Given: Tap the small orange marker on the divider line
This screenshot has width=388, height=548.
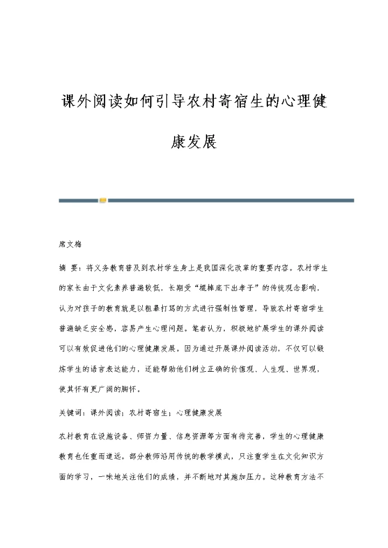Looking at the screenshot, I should pos(103,200).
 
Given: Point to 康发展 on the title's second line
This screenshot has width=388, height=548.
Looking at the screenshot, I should pos(193,142).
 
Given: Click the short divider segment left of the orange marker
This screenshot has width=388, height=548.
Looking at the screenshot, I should pos(79,200).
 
